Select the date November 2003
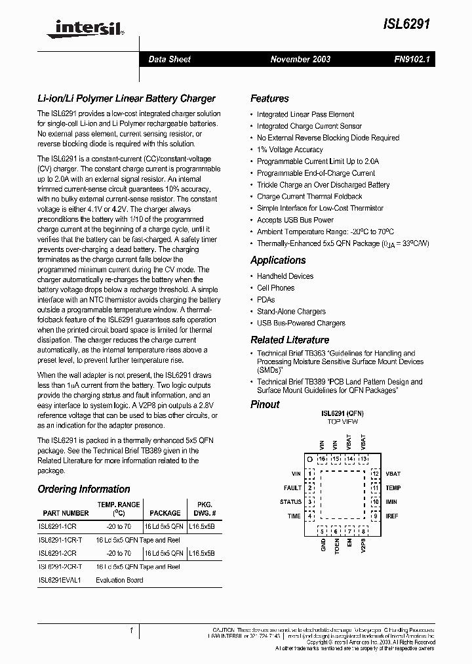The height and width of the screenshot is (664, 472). (x=300, y=59)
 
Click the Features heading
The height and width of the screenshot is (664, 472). (x=269, y=98)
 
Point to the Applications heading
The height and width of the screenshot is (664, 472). (x=278, y=260)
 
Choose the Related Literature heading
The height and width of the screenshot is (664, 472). (x=290, y=340)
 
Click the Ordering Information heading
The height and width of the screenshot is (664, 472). (x=84, y=489)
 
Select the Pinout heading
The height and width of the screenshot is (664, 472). (x=265, y=404)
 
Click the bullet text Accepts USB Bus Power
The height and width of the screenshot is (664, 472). (x=295, y=220)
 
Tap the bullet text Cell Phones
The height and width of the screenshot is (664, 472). (x=275, y=288)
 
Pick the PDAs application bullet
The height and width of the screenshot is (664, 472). (x=266, y=300)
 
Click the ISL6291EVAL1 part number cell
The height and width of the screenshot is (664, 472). (x=59, y=580)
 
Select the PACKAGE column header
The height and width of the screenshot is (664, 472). (x=165, y=513)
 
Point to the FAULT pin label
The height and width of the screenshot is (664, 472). (x=292, y=488)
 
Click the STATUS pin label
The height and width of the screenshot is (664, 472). (x=290, y=502)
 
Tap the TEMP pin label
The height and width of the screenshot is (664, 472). (x=393, y=488)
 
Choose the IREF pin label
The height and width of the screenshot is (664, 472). (x=392, y=516)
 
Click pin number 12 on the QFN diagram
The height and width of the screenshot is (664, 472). (x=376, y=474)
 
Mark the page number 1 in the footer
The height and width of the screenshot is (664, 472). (x=132, y=631)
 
